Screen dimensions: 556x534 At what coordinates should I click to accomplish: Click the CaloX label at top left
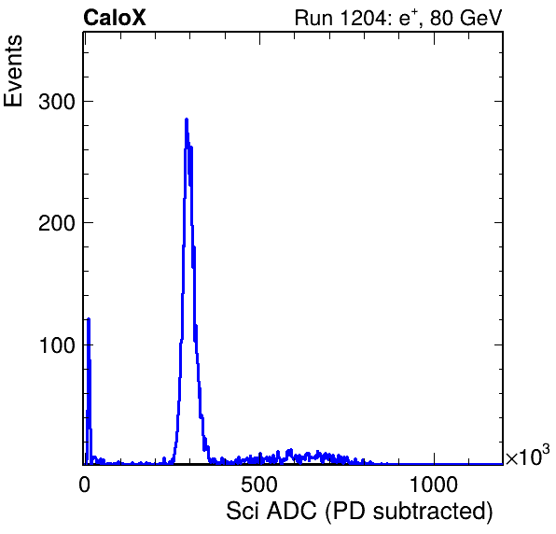pyautogui.click(x=115, y=18)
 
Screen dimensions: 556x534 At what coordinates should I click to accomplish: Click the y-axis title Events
pyautogui.click(x=13, y=71)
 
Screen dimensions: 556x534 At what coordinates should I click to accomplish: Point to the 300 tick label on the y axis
pyautogui.click(x=57, y=102)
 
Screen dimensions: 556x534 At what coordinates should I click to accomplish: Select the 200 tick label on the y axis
pyautogui.click(x=57, y=223)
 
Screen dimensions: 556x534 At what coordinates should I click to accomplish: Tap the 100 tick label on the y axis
pyautogui.click(x=57, y=345)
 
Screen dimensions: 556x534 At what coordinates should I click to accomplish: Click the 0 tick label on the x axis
pyautogui.click(x=84, y=485)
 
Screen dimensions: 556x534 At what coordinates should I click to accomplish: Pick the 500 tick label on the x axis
pyautogui.click(x=259, y=485)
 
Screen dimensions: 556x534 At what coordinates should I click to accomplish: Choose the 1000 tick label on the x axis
pyautogui.click(x=434, y=485)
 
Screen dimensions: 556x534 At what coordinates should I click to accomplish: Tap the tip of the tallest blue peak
pyautogui.click(x=187, y=119)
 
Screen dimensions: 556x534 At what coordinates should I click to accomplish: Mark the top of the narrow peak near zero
pyautogui.click(x=89, y=318)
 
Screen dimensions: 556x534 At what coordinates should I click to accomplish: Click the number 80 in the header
pyautogui.click(x=441, y=18)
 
